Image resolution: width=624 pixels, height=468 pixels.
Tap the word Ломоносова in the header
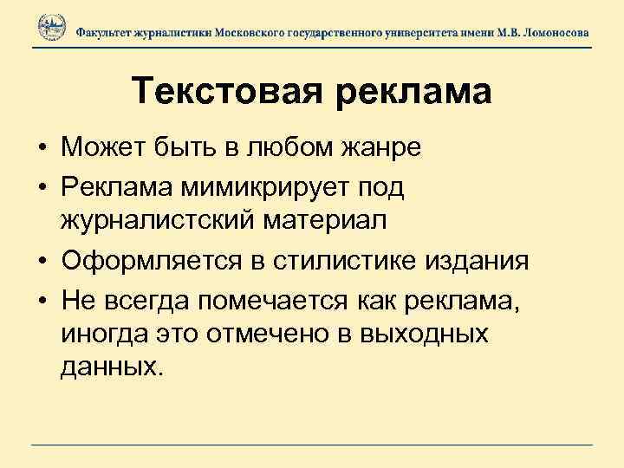point(555,32)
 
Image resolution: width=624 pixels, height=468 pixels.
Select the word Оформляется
point(138,258)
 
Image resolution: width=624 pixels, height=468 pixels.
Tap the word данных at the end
point(111,368)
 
